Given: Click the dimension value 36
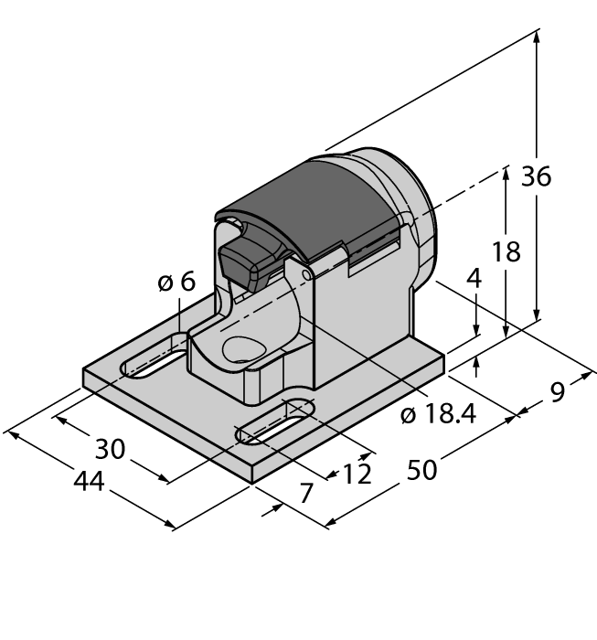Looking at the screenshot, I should coord(537,176).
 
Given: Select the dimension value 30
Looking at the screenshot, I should coord(110,448).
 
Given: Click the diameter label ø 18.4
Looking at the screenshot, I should coord(439,414).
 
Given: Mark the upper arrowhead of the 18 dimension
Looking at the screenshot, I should coord(505,175).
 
